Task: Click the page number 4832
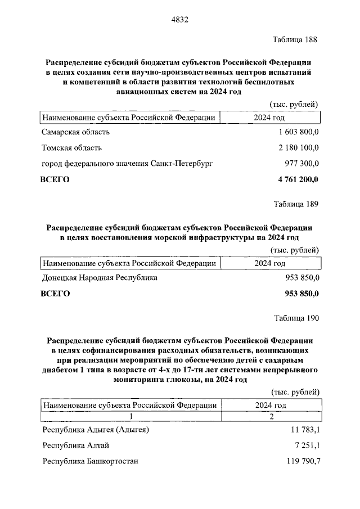coord(179,20)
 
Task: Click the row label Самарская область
coord(76,132)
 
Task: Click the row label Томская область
coord(72,148)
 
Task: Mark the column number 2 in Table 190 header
coord(271,416)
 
